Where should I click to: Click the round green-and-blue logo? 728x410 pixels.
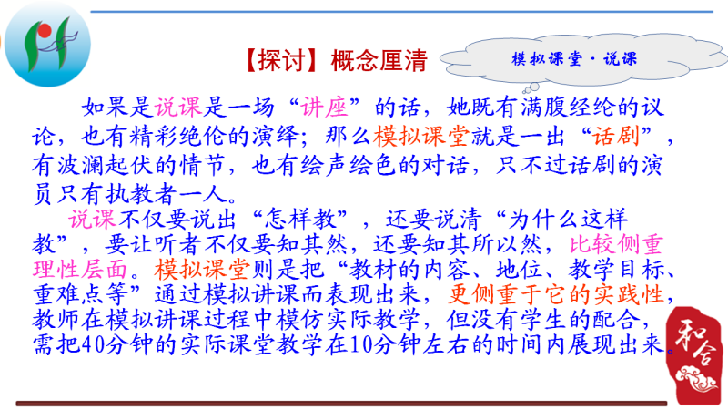click(x=48, y=45)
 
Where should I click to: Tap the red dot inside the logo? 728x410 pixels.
click(x=45, y=31)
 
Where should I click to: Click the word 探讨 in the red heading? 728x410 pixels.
click(x=282, y=61)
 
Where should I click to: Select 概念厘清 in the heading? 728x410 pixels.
click(x=379, y=61)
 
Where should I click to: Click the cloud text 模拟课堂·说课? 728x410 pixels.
click(x=574, y=59)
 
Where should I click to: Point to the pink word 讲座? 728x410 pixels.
click(x=324, y=108)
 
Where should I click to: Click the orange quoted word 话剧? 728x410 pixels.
click(x=616, y=136)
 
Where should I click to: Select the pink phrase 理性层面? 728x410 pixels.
click(x=80, y=270)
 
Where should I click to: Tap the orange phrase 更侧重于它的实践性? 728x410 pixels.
click(x=556, y=294)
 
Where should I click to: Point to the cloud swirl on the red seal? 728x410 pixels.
click(x=696, y=379)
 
